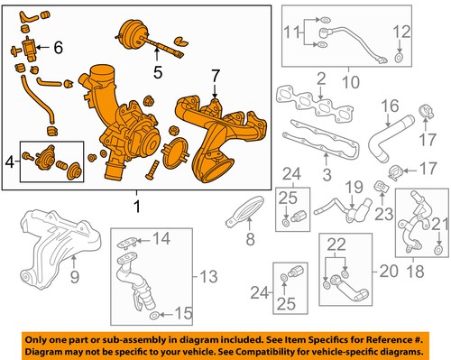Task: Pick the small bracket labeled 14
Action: click(133, 241)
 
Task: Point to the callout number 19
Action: click(355, 188)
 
